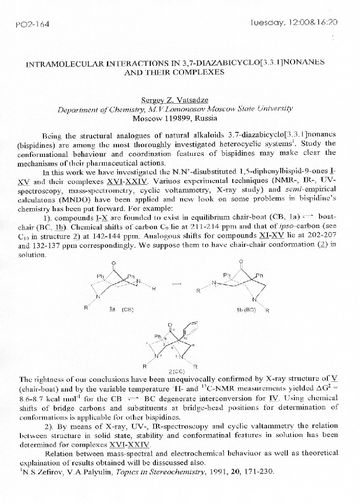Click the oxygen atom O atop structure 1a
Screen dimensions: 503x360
(114, 264)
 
